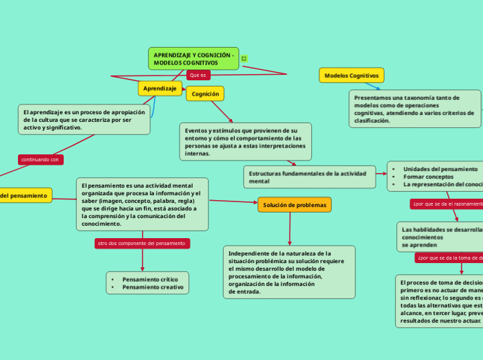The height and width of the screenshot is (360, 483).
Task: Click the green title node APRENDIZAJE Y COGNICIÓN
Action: click(x=193, y=59)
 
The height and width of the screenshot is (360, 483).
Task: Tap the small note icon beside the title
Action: click(x=244, y=59)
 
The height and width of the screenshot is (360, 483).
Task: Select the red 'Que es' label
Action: click(x=198, y=75)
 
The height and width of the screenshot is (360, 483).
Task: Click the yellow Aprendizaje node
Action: click(x=160, y=89)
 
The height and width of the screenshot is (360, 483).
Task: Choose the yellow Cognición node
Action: click(x=205, y=93)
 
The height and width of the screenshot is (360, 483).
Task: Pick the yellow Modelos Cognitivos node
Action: click(x=351, y=75)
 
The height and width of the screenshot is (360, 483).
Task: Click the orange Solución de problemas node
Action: click(x=295, y=205)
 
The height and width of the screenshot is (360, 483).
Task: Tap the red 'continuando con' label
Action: click(x=41, y=159)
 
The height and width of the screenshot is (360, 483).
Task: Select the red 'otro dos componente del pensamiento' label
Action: click(x=141, y=244)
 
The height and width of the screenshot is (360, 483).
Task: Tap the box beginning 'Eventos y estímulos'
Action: click(x=245, y=141)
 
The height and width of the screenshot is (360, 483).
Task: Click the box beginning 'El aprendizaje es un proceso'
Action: click(x=83, y=119)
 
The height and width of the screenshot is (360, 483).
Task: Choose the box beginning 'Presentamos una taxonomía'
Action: click(x=414, y=109)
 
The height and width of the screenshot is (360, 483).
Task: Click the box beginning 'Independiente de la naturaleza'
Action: click(x=289, y=272)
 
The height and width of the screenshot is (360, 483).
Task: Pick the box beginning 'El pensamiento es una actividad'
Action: click(x=141, y=204)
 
